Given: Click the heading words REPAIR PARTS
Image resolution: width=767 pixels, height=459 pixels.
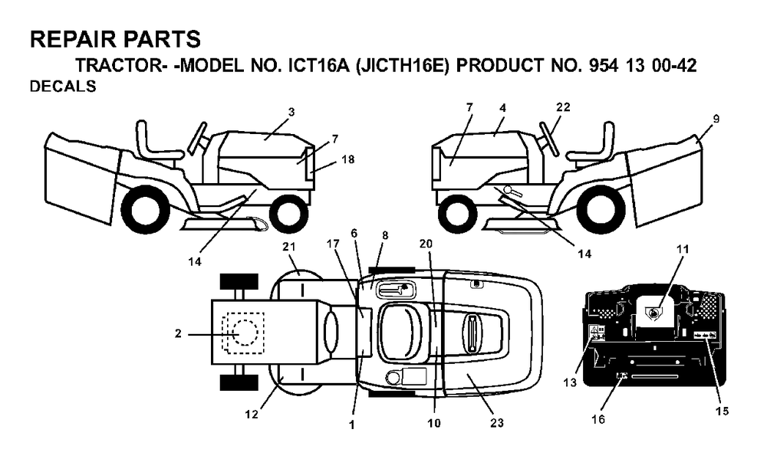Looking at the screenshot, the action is [116, 39].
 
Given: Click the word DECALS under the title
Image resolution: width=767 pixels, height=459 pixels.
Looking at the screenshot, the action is [63, 87].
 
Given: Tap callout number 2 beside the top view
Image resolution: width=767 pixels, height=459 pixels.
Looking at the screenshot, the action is [178, 334].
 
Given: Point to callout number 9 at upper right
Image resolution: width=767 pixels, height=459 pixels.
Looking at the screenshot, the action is [716, 119].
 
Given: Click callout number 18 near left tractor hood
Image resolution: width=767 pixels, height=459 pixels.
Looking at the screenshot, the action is [348, 159].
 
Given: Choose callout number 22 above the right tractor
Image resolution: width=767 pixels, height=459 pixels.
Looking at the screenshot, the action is [564, 107].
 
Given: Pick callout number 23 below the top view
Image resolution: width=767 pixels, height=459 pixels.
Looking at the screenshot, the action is [497, 423].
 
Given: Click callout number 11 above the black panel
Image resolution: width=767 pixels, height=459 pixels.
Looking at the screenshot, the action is [683, 249].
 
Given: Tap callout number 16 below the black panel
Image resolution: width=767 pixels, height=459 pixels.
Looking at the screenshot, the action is [598, 419].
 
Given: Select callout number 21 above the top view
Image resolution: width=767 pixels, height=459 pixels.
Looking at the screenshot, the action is [290, 247].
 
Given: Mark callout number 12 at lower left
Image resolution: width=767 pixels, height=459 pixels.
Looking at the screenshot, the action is [252, 415].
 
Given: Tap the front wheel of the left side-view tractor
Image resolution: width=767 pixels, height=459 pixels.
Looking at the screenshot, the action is [288, 212].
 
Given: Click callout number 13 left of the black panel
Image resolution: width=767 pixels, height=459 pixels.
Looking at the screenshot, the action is [570, 382].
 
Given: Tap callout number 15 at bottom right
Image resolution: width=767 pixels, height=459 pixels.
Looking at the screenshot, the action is [722, 411].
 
